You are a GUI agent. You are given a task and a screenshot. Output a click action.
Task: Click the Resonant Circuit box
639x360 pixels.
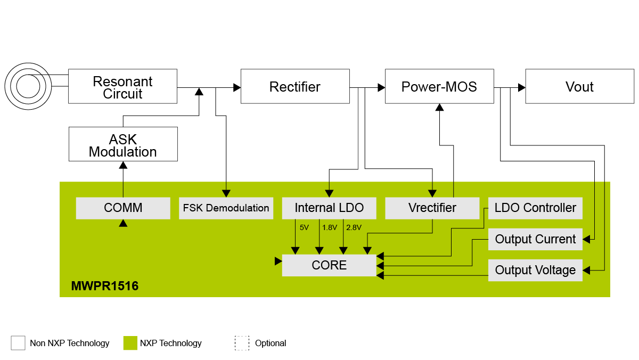pyautogui.click(x=122, y=86)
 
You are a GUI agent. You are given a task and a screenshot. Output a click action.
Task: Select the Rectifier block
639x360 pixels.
pyautogui.click(x=294, y=86)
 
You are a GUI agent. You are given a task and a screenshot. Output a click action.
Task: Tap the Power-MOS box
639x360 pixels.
pyautogui.click(x=439, y=86)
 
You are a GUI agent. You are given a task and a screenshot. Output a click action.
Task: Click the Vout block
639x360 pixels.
pyautogui.click(x=579, y=86)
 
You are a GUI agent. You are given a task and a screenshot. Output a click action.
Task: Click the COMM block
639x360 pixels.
pyautogui.click(x=123, y=208)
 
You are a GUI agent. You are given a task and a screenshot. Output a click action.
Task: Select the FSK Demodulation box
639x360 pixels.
pyautogui.click(x=226, y=208)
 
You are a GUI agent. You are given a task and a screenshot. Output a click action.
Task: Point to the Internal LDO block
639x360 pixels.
pyautogui.click(x=329, y=208)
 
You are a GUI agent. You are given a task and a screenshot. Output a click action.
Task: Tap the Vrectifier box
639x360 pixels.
pyautogui.click(x=432, y=208)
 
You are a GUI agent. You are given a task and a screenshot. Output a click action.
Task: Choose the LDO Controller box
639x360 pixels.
pyautogui.click(x=535, y=208)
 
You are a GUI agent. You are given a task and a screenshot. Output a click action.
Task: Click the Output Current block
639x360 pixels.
pyautogui.click(x=535, y=239)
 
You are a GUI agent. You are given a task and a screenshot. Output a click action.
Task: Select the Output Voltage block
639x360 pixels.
pyautogui.click(x=535, y=270)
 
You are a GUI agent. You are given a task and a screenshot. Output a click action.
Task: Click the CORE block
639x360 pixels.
pyautogui.click(x=329, y=265)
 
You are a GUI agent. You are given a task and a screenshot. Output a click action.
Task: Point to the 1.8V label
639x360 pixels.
pyautogui.click(x=330, y=227)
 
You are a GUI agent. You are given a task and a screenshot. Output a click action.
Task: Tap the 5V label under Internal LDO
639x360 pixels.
pyautogui.click(x=304, y=227)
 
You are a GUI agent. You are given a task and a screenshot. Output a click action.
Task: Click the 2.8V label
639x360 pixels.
pyautogui.click(x=354, y=227)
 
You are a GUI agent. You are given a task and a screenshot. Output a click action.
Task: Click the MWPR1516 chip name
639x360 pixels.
pyautogui.click(x=105, y=287)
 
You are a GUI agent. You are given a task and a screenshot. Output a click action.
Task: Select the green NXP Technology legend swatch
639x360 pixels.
pyautogui.click(x=130, y=343)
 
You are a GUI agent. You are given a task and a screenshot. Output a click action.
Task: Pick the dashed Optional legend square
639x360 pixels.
pyautogui.click(x=242, y=343)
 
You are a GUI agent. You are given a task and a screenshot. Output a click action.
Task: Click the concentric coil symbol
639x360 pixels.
pyautogui.click(x=27, y=85)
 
